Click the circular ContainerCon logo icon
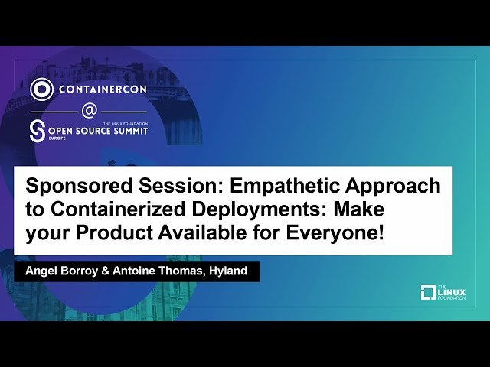click(41, 89)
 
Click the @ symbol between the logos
click(89, 111)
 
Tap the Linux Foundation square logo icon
click(429, 292)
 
